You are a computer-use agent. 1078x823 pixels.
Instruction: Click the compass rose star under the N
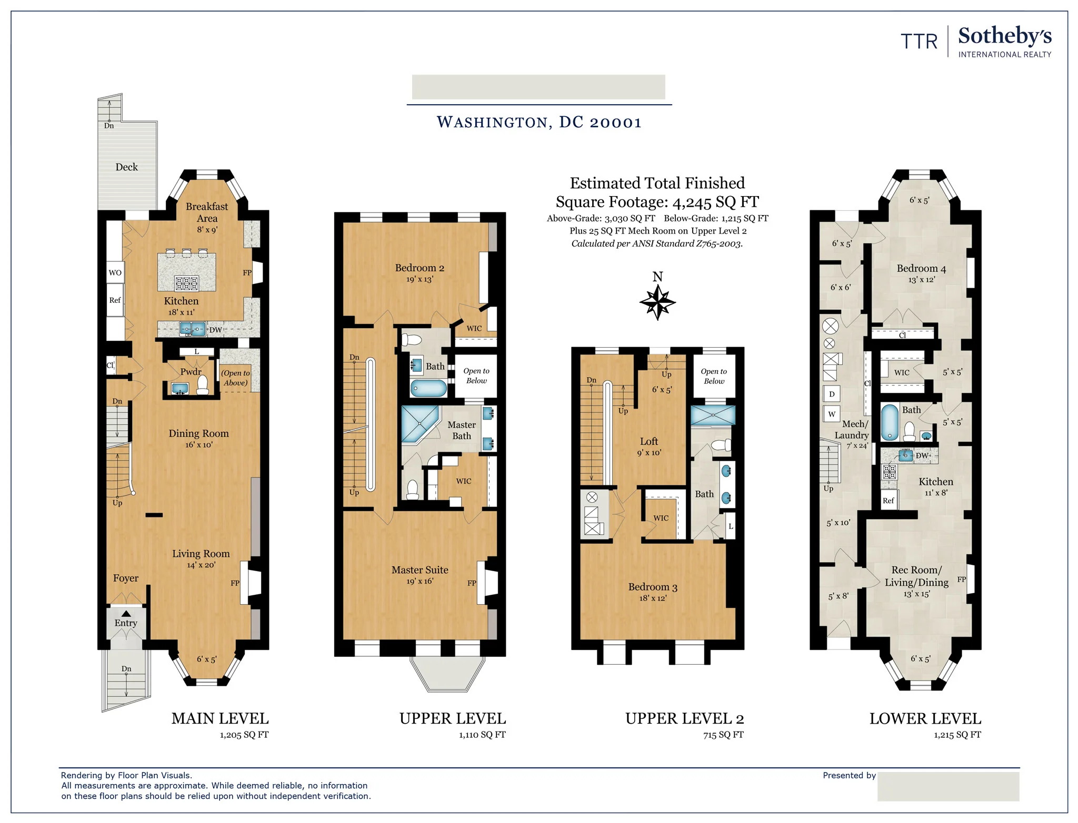[x=657, y=303]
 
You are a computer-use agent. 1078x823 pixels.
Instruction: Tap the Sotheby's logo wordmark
[x=1004, y=36]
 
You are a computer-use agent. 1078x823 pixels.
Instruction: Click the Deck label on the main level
[x=126, y=167]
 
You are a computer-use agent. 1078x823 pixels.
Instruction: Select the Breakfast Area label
[x=207, y=212]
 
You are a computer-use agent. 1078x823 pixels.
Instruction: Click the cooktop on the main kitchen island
[x=187, y=283]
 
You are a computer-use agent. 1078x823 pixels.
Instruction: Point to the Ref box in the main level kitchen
[x=115, y=300]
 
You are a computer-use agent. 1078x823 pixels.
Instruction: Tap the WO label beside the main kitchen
[x=115, y=272]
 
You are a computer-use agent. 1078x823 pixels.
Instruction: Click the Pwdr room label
[x=191, y=372]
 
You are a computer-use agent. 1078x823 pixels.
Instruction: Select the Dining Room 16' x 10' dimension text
[x=198, y=445]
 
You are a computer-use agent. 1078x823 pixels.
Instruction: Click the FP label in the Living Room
[x=235, y=583]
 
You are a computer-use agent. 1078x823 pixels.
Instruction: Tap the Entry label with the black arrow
[x=126, y=623]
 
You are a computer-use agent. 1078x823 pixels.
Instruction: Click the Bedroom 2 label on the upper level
[x=420, y=268]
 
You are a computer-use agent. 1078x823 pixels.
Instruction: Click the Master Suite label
[x=420, y=570]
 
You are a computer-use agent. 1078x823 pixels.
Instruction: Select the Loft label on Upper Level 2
[x=649, y=442]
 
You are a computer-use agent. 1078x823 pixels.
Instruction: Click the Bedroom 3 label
[x=653, y=587]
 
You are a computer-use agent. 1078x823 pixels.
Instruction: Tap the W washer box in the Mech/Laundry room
[x=832, y=414]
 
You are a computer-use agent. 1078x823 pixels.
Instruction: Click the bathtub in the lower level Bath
[x=890, y=422]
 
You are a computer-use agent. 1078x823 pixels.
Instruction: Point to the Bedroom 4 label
[x=921, y=269]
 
